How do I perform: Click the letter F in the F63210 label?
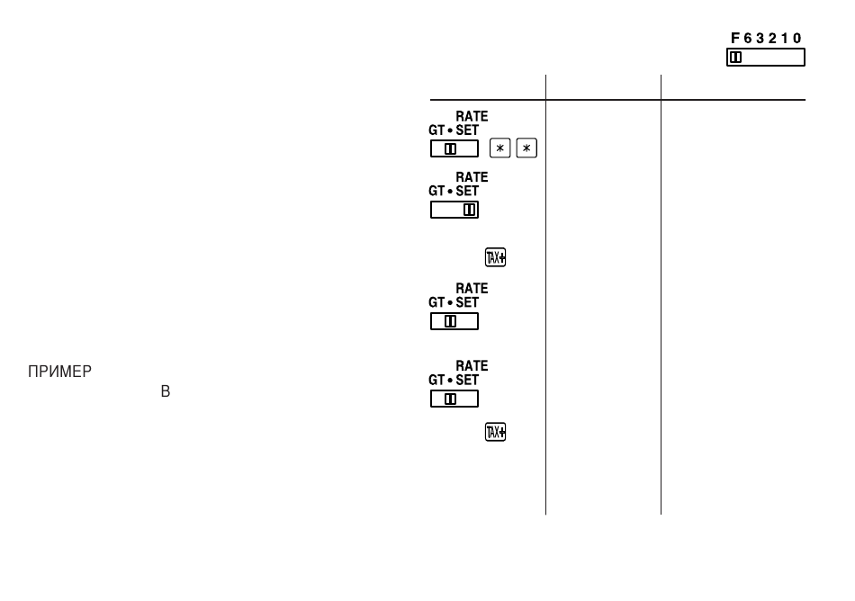tap(735, 38)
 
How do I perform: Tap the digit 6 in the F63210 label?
tap(748, 38)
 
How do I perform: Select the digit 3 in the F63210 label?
tap(760, 38)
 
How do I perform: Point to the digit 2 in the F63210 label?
tap(773, 38)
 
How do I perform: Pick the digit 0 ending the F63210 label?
tap(797, 38)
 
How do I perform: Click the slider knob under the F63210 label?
tap(736, 58)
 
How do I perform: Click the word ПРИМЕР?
tap(60, 372)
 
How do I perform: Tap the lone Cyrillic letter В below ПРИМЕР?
tap(166, 391)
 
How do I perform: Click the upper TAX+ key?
tap(495, 257)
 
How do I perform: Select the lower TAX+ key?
tap(495, 432)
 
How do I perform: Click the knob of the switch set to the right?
tap(469, 210)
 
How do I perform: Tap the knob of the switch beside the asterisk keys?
tap(450, 148)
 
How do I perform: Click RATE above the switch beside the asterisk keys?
tap(472, 117)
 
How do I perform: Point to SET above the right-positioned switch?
tap(467, 192)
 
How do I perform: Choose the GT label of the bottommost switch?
tap(436, 380)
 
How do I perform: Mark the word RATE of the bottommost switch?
tap(472, 365)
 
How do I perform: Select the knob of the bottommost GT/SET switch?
tap(450, 399)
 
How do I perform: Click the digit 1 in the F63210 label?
tap(785, 38)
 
